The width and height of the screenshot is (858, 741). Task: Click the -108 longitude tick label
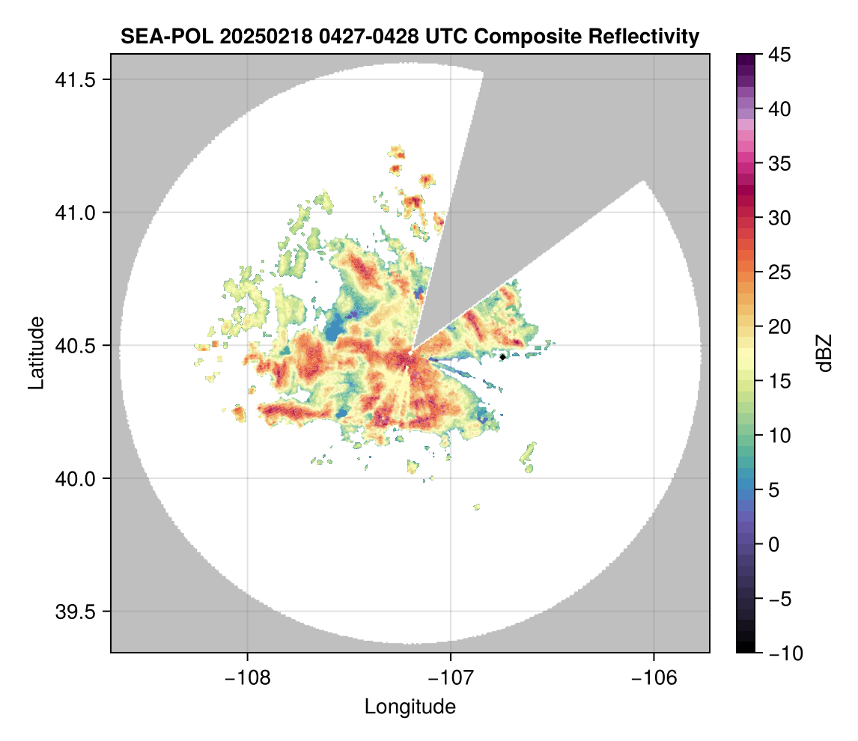click(246, 677)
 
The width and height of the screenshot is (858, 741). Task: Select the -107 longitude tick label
click(451, 677)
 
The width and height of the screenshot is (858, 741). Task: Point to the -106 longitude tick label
click(654, 677)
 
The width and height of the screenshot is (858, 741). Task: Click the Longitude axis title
click(410, 707)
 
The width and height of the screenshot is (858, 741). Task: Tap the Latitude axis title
click(35, 353)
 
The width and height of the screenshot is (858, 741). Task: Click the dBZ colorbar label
click(824, 353)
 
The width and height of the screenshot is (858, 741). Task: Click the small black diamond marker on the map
click(502, 357)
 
